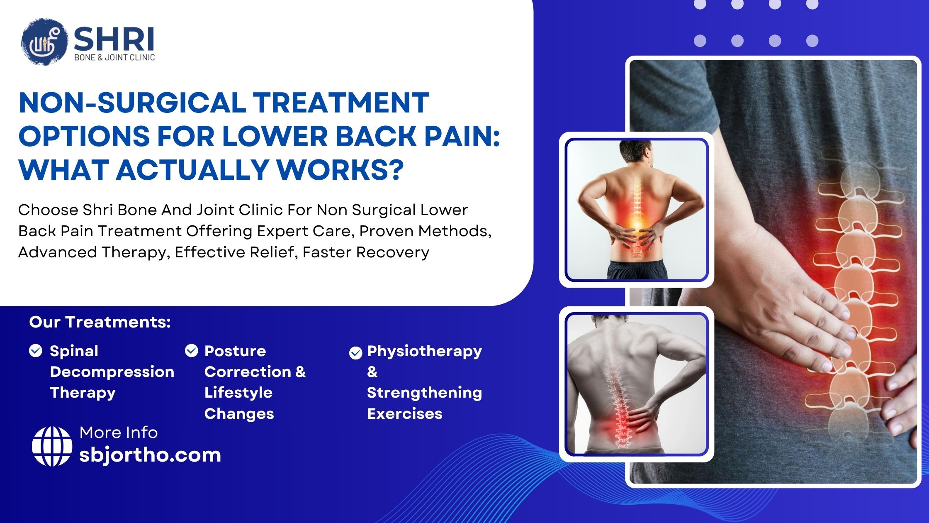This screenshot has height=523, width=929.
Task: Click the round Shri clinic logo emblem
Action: [x=44, y=42]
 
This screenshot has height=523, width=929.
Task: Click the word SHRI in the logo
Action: [x=114, y=39]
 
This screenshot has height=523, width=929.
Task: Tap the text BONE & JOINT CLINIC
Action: [x=114, y=58]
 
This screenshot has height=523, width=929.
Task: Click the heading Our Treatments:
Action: [x=100, y=322]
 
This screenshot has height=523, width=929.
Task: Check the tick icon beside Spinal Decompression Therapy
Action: [x=36, y=351]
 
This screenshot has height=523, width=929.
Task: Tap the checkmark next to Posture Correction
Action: [x=191, y=351]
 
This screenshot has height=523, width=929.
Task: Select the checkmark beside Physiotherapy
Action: [x=355, y=353]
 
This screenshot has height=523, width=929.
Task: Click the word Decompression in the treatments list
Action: [x=112, y=371]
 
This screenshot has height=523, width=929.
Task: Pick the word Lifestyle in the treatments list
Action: [x=238, y=392]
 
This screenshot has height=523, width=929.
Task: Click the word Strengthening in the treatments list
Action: [x=424, y=392]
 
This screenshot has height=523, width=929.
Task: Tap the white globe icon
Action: [x=52, y=446]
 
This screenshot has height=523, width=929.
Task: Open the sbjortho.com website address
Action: [x=150, y=455]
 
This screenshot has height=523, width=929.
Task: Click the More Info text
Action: [x=119, y=433]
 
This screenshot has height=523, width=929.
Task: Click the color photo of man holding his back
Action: [x=636, y=210]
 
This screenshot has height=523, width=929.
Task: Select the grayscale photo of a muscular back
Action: [x=636, y=384]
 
